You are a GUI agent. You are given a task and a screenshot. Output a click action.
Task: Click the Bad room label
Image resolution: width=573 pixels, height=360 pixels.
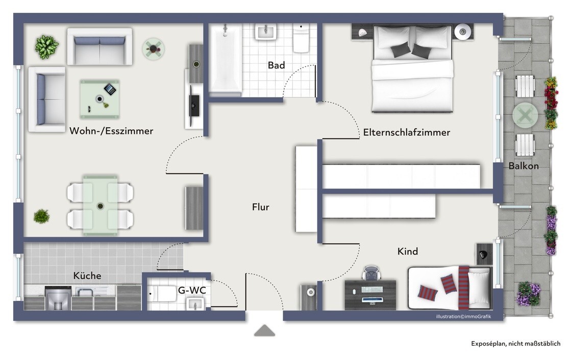pos(276,65)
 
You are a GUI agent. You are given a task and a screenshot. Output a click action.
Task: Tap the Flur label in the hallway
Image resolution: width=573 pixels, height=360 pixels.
pos(261,207)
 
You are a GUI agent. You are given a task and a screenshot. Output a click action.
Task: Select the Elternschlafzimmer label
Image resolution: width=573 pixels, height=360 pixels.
pos(406,132)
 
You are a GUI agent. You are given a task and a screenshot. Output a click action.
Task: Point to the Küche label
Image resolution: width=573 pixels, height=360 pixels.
pos(87,275)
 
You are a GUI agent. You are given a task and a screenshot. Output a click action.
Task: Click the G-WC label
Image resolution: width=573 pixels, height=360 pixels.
pos(192,290)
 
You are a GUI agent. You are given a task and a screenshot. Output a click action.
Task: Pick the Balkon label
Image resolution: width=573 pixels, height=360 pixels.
pos(524,166)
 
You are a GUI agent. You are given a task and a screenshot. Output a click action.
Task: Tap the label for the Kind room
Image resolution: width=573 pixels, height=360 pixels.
pos(408,251)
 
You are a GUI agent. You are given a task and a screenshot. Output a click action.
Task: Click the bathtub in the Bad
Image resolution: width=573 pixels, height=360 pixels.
pos(225,59)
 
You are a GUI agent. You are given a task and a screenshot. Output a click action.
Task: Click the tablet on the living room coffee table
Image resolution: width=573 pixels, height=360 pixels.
pos(110,89)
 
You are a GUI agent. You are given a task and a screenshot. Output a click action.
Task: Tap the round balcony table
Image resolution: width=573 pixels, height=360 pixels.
pos(525,115)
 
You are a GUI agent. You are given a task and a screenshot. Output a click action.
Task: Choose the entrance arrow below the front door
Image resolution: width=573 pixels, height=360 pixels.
pos(265,330)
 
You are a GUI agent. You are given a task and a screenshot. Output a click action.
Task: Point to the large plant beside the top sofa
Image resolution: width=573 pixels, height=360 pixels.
pos(47,47)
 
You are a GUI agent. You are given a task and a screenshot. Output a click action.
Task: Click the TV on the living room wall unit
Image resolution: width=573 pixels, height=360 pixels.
pos(194,106)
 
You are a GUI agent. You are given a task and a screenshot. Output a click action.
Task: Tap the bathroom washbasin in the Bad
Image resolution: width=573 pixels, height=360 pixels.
pos(266,32)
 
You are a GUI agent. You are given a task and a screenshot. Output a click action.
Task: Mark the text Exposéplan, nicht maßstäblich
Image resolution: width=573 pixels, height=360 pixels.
pos(515,344)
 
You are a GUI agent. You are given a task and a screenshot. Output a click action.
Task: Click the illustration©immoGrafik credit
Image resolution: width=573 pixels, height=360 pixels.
pos(463,317)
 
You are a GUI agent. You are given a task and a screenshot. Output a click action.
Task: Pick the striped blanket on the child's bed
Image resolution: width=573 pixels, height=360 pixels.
pos(464,288)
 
